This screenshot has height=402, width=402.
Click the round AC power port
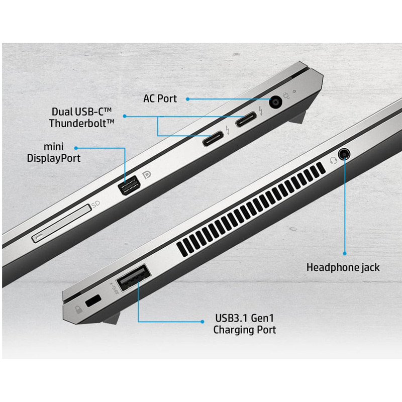pyautogui.click(x=275, y=103)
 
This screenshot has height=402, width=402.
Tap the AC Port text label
pyautogui.click(x=160, y=98)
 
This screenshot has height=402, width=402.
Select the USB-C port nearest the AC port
pyautogui.click(x=246, y=119)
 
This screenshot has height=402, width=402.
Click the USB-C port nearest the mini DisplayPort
pyautogui.click(x=213, y=139)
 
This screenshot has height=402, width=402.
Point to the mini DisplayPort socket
pyautogui.click(x=129, y=185)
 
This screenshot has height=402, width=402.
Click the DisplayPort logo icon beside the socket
pyautogui.click(x=147, y=175)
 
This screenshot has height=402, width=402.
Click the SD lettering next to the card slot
pyautogui.click(x=95, y=205)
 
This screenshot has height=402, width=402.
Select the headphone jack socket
pyautogui.click(x=344, y=154)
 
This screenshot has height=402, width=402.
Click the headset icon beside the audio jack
pyautogui.click(x=333, y=161)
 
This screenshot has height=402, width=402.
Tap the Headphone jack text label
pyautogui.click(x=343, y=267)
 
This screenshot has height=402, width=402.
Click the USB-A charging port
pyautogui.click(x=134, y=278)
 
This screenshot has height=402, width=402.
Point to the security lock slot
pyautogui.click(x=93, y=300)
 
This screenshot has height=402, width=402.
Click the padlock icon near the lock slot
pyautogui.click(x=78, y=310)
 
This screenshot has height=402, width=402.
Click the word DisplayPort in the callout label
pyautogui.click(x=54, y=158)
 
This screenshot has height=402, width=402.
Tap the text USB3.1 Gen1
pyautogui.click(x=244, y=318)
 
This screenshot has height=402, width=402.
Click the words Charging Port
pyautogui.click(x=245, y=330)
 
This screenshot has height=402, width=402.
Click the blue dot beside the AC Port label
pyautogui.click(x=187, y=99)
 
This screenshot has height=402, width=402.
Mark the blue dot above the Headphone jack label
pyautogui.click(x=345, y=253)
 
